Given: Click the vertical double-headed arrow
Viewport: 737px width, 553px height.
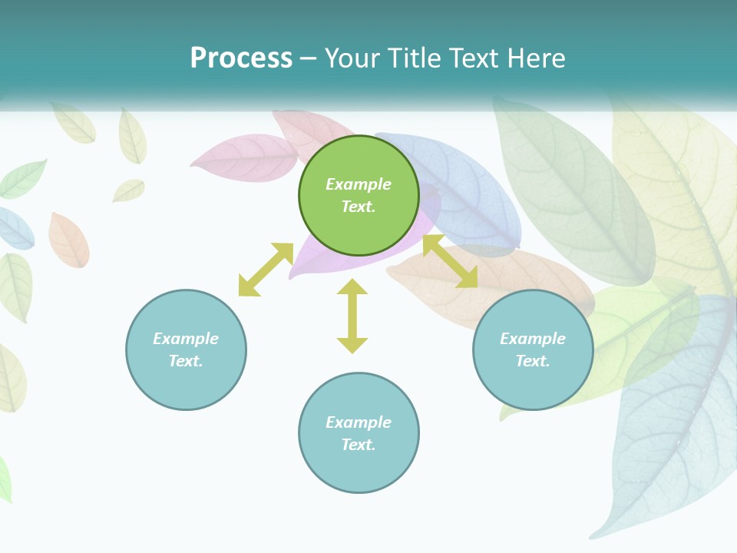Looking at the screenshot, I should pos(352,316).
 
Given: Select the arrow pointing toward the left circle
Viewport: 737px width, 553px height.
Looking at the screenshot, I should pos(266,270).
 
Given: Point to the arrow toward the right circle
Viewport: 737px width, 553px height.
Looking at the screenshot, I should pos(451,262).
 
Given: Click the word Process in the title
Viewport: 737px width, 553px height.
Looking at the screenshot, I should pos(241,58).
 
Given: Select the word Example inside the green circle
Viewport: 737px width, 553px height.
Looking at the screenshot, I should pos(359,184).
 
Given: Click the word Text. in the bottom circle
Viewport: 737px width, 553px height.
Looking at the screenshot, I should pos(359,445).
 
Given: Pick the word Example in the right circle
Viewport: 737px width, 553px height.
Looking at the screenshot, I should pos(533,339).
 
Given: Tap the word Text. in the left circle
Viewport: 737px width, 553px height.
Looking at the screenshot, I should pos(186,361).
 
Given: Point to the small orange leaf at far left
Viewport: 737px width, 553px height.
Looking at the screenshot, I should pos(68,240).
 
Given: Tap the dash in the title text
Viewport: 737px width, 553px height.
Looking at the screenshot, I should pos(309,58).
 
